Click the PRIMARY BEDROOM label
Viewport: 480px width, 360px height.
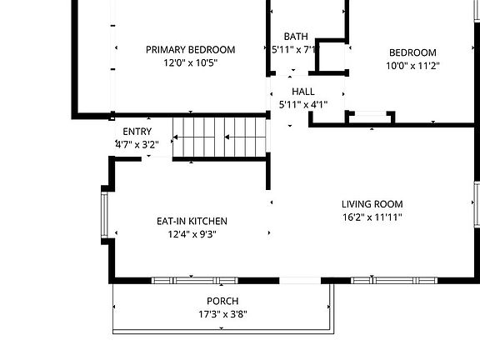[x=190, y=50]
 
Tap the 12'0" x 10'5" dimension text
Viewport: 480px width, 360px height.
[x=190, y=62]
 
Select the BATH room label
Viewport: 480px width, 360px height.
[x=296, y=37]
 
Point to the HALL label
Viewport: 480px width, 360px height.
[x=303, y=92]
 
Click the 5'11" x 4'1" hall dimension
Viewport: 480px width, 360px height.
[x=303, y=105]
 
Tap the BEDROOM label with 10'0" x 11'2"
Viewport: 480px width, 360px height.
[x=412, y=52]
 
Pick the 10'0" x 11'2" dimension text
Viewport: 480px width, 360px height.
[x=412, y=66]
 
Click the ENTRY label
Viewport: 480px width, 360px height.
[x=137, y=132]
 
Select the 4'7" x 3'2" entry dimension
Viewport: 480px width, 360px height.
[x=137, y=144]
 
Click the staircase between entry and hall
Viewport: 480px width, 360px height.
[x=219, y=137]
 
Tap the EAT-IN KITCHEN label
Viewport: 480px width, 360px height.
[x=192, y=221]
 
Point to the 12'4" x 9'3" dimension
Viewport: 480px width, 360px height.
[x=192, y=234]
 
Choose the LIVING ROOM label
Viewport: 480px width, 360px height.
[x=372, y=204]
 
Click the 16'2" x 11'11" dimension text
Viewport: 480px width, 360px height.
[x=372, y=217]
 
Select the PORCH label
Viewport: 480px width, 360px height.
[x=222, y=301]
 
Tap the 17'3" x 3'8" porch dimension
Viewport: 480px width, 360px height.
[x=222, y=314]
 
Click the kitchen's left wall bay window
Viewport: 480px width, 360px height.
[x=104, y=215]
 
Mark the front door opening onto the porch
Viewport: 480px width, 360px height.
[x=300, y=280]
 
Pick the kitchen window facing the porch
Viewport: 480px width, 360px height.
[x=195, y=280]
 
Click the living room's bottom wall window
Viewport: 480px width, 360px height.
[x=394, y=280]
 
